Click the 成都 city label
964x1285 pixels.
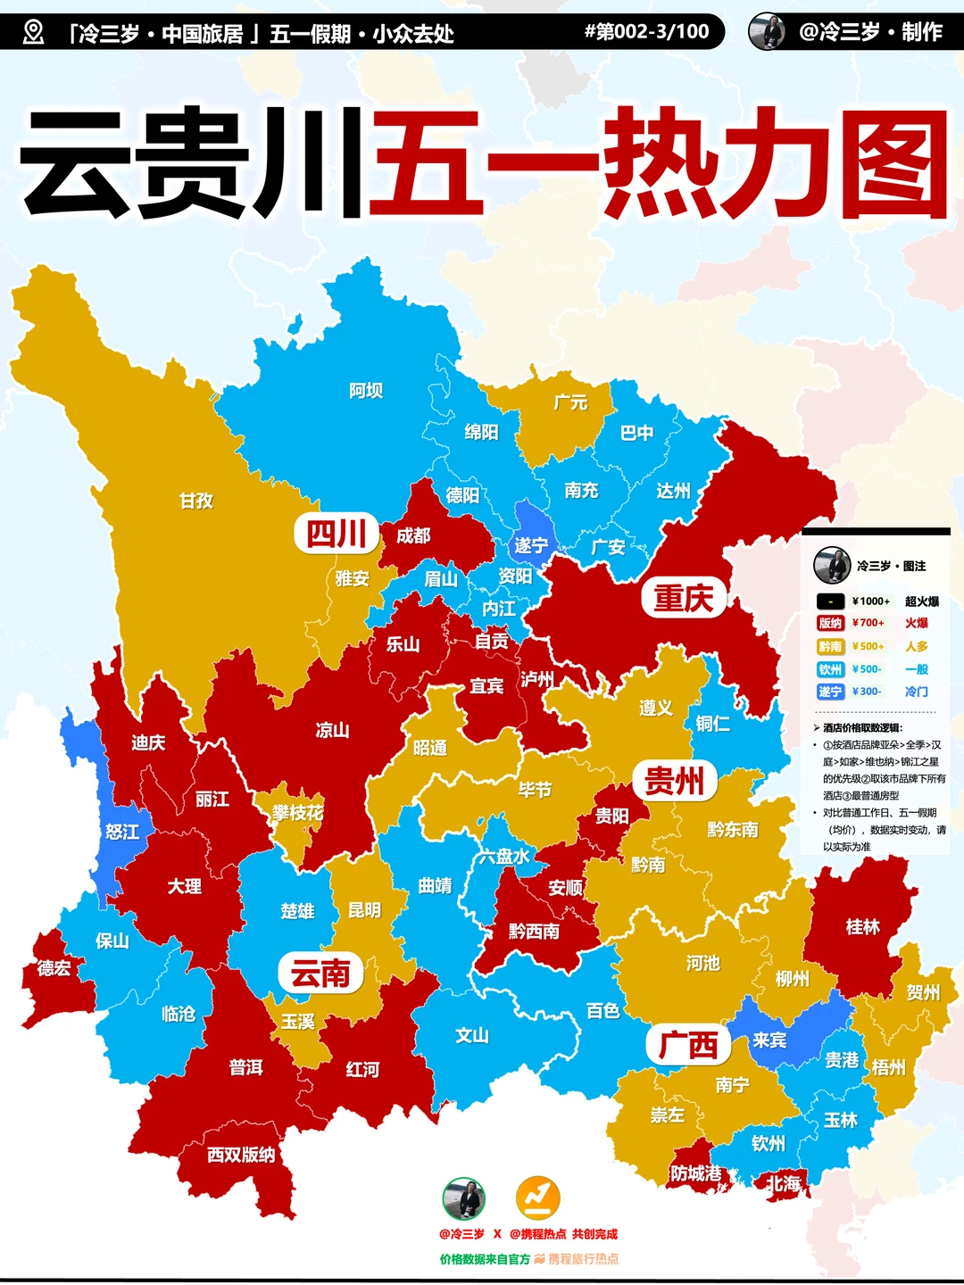(x=413, y=535)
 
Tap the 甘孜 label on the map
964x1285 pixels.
(x=196, y=501)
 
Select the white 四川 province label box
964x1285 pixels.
(x=337, y=534)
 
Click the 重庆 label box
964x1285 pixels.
(x=683, y=598)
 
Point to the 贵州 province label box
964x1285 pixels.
(x=675, y=782)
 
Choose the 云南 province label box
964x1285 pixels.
(x=320, y=973)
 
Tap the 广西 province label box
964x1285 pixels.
(x=687, y=1045)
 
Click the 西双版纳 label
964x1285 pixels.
(x=241, y=1155)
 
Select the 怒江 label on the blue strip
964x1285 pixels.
(x=122, y=832)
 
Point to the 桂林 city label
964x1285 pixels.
(x=862, y=927)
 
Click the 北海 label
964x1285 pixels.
(x=784, y=1184)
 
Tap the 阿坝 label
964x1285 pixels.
(x=366, y=390)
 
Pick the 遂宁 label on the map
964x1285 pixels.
(x=530, y=544)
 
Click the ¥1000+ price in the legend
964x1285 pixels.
(x=870, y=601)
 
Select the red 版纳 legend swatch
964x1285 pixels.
(x=830, y=623)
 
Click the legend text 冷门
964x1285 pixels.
(x=916, y=692)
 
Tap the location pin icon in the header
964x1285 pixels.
(x=33, y=33)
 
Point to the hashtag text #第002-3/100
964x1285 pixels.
(x=646, y=32)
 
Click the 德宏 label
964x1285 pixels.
(x=54, y=967)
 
